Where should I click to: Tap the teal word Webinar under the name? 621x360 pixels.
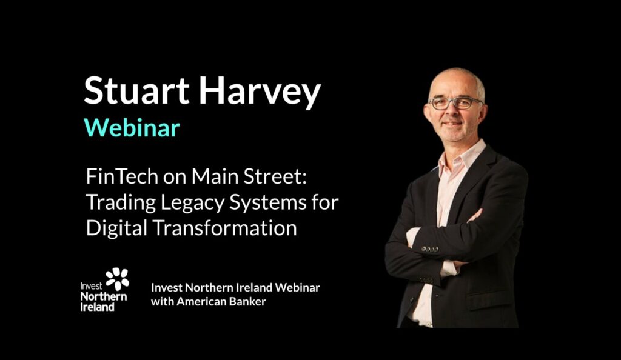click(x=132, y=127)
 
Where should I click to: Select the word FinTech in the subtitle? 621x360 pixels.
click(x=122, y=176)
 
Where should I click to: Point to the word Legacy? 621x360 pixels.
click(x=192, y=204)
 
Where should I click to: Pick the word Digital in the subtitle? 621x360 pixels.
click(x=116, y=228)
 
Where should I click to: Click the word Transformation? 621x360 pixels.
click(x=224, y=228)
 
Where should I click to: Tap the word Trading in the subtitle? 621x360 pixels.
click(x=121, y=204)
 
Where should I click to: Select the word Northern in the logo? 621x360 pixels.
click(x=104, y=296)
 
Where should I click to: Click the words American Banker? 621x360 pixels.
click(x=221, y=301)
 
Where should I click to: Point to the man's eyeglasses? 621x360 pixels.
click(x=455, y=103)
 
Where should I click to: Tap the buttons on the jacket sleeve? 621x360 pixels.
click(x=430, y=249)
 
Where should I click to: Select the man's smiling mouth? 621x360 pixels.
click(x=451, y=124)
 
